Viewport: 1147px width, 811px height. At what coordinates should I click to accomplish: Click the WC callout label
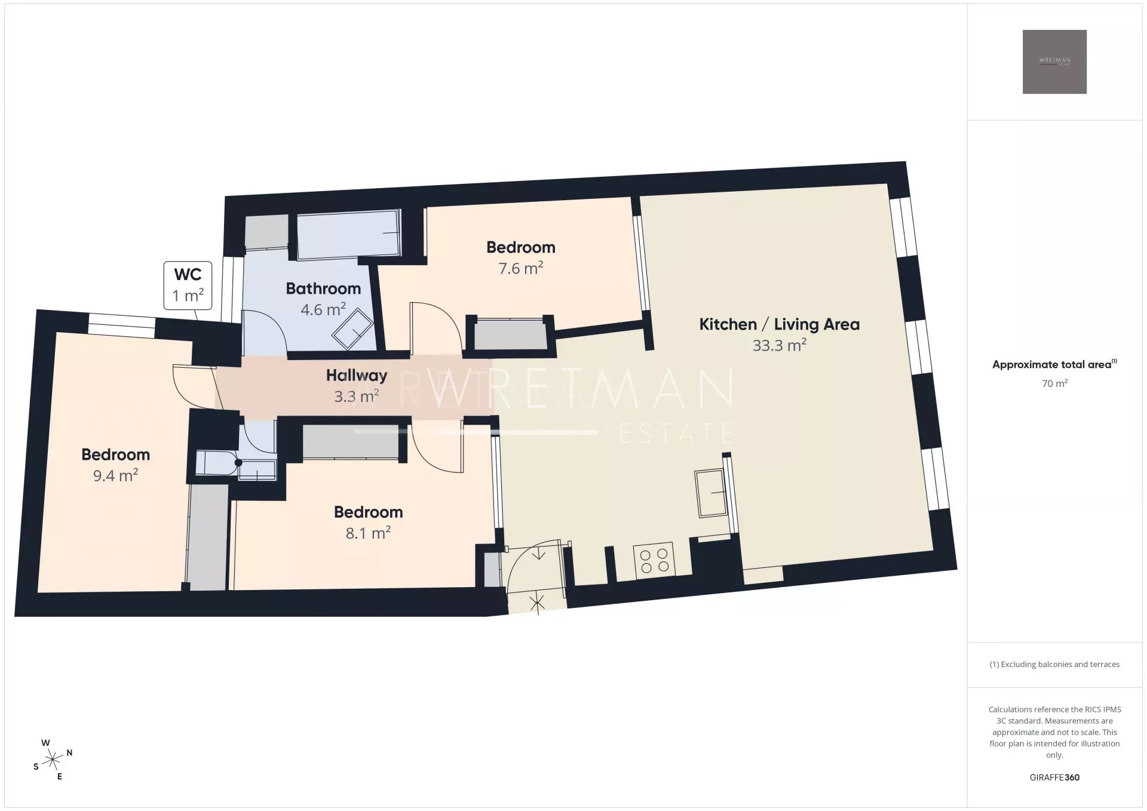(188, 285)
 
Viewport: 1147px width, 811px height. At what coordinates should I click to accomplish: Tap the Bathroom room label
(323, 288)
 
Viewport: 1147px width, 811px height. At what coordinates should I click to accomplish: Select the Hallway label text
(357, 375)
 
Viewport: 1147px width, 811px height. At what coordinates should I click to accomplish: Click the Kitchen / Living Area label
(780, 324)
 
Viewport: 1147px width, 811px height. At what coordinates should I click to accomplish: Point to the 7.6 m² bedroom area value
(521, 268)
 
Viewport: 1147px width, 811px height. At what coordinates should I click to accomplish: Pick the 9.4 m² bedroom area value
(116, 475)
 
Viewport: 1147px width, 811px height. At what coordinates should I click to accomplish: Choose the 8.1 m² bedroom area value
(368, 533)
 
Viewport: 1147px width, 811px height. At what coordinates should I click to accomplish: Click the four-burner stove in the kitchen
(654, 560)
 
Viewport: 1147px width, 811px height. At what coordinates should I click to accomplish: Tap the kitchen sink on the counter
(711, 493)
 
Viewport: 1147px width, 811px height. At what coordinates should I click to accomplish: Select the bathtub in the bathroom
(349, 234)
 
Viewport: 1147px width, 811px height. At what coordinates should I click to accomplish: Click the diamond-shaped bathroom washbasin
(352, 329)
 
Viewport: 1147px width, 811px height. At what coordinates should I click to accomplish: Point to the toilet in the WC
(219, 463)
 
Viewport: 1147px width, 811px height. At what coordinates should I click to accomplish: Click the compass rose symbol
(53, 760)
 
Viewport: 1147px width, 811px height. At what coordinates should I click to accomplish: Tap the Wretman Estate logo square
(1054, 62)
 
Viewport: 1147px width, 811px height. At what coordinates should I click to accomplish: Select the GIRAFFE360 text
(1054, 777)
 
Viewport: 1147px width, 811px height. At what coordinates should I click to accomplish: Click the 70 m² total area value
(1054, 383)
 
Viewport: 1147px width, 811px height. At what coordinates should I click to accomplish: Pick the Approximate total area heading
(1054, 364)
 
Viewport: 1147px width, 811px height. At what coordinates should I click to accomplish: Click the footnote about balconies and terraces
(1054, 664)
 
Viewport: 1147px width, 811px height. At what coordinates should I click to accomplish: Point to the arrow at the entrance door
(539, 554)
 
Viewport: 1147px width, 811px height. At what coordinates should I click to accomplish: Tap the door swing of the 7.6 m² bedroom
(436, 326)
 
